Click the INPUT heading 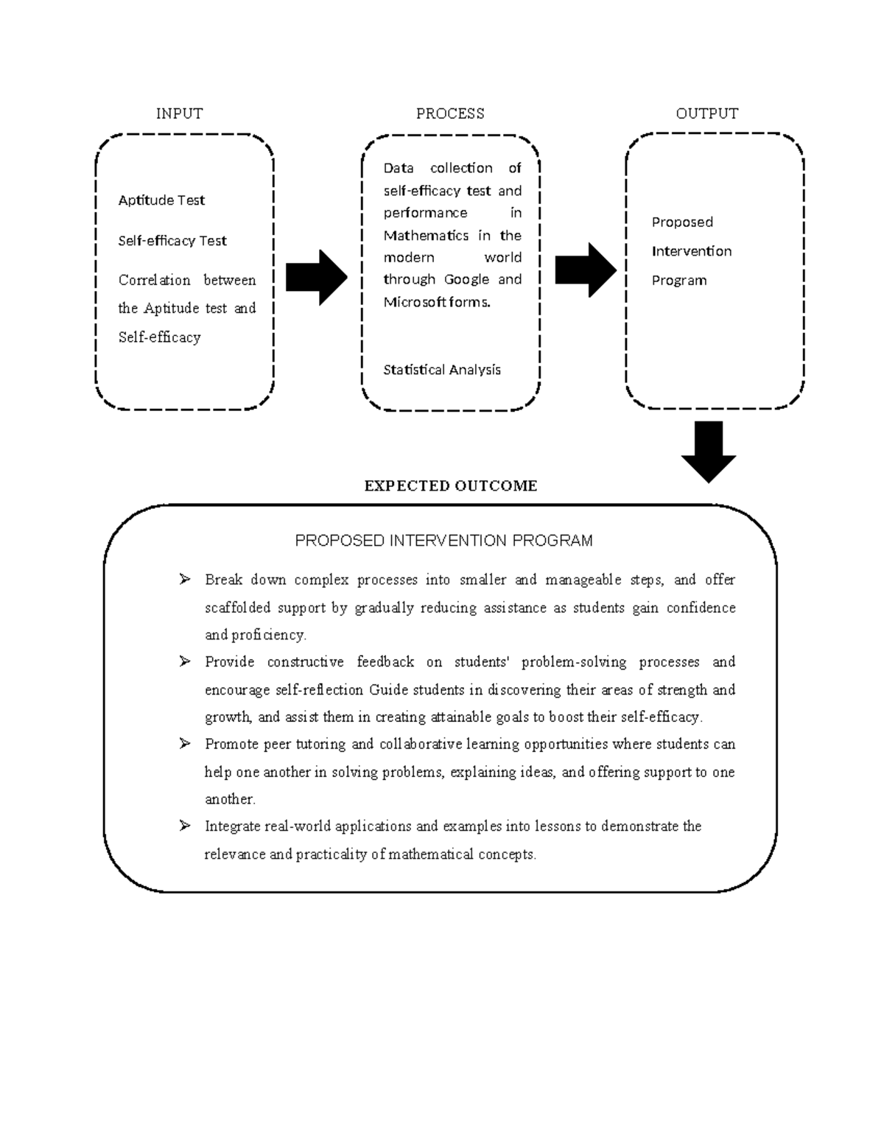click(x=179, y=113)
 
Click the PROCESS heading click(x=450, y=113)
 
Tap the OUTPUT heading click(x=706, y=113)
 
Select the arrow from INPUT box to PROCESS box click(x=316, y=277)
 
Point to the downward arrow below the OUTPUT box click(x=709, y=451)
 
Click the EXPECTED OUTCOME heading click(x=451, y=485)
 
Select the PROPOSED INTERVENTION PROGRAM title click(x=443, y=541)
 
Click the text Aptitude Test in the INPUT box click(x=161, y=200)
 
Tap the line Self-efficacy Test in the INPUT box click(x=172, y=241)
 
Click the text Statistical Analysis click(x=442, y=370)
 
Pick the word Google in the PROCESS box click(x=467, y=279)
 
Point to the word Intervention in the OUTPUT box click(x=692, y=251)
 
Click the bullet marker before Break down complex click(x=184, y=579)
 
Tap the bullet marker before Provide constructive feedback click(x=184, y=662)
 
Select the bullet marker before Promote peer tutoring click(x=184, y=743)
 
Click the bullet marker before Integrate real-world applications click(x=184, y=826)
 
